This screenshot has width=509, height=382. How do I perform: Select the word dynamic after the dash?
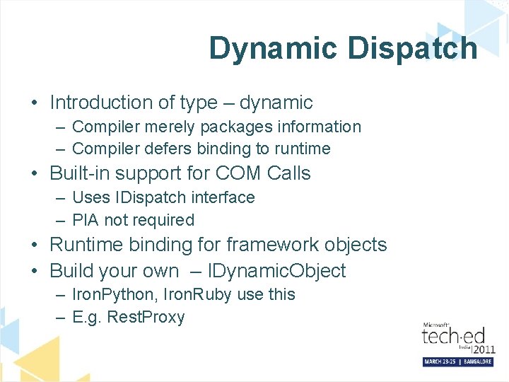click(276, 103)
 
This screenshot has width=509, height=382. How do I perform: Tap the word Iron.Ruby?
click(198, 294)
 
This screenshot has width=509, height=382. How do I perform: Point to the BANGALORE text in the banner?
click(474, 361)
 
